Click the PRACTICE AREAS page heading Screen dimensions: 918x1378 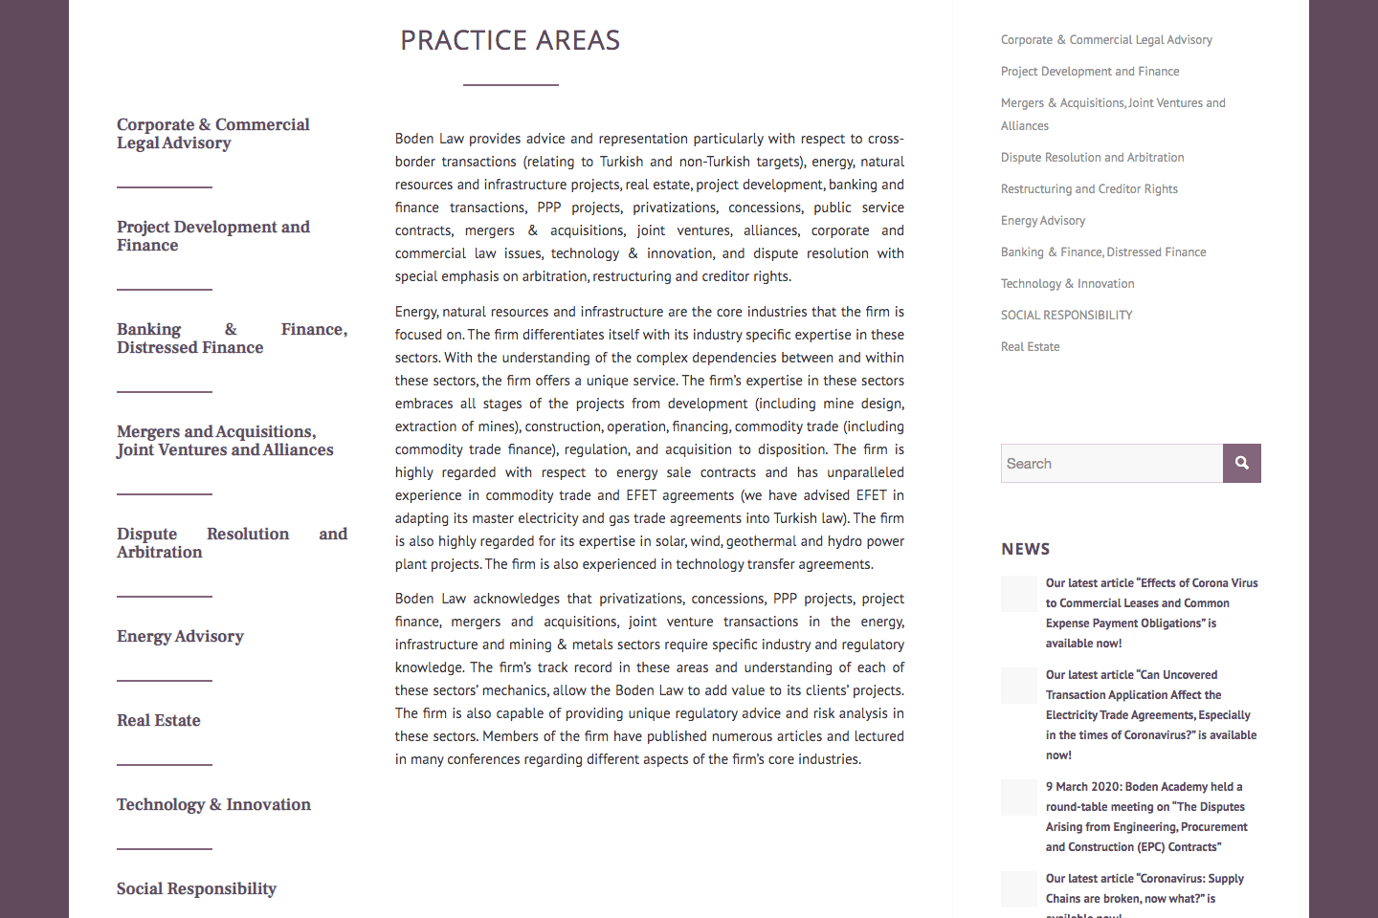point(510,40)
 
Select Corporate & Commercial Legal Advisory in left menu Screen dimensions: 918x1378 point(212,134)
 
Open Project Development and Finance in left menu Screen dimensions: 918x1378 point(212,236)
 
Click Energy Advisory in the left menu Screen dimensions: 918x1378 point(180,637)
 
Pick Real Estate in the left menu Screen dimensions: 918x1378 point(159,721)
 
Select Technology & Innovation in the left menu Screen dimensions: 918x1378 point(213,805)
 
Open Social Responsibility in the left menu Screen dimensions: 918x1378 point(196,889)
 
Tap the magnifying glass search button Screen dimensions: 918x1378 point(1242,464)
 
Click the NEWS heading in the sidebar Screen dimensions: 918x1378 point(1026,549)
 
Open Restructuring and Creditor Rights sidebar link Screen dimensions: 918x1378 point(1089,189)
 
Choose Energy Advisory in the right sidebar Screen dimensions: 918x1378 point(1043,221)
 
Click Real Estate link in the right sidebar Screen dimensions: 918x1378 point(1030,347)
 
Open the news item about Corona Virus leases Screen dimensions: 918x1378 point(1151,613)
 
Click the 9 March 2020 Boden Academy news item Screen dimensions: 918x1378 point(1146,817)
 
